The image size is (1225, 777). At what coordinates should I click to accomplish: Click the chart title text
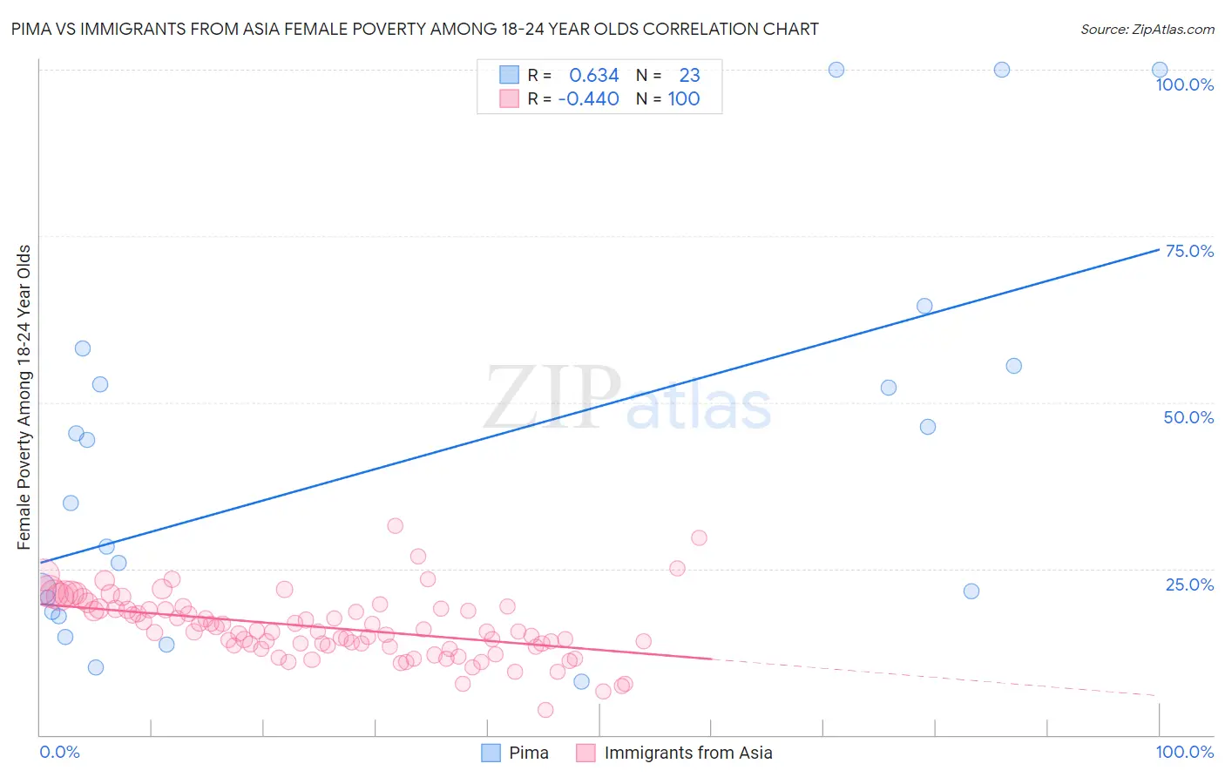[415, 29]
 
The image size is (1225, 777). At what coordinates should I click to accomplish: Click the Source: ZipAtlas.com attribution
[1147, 29]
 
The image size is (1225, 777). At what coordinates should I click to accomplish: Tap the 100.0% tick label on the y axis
[1184, 84]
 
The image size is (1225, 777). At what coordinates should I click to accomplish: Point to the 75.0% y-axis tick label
[1188, 251]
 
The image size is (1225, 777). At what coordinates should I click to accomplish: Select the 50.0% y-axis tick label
[1188, 417]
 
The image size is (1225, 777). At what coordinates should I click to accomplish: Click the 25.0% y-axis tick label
[1188, 584]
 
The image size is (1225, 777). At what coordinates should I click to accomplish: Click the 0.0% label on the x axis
[59, 752]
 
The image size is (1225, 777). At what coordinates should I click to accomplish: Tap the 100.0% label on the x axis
[1184, 752]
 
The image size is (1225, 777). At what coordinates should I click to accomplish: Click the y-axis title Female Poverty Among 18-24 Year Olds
[24, 397]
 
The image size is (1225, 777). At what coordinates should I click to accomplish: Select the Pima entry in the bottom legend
[516, 753]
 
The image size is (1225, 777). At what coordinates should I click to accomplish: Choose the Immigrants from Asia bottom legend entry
[674, 753]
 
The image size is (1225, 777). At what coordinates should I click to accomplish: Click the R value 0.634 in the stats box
[593, 76]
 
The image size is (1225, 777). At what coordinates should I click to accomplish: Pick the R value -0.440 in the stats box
[588, 99]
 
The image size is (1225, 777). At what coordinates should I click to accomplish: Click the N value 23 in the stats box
[689, 76]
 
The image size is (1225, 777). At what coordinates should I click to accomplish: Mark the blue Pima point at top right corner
[1160, 70]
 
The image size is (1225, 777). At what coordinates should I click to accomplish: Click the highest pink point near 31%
[395, 525]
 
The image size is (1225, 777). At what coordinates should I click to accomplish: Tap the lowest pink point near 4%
[545, 710]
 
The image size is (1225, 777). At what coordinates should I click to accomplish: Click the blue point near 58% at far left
[83, 348]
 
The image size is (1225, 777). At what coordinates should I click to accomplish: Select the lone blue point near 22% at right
[971, 591]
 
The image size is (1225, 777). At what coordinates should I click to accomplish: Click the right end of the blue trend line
[1159, 249]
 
